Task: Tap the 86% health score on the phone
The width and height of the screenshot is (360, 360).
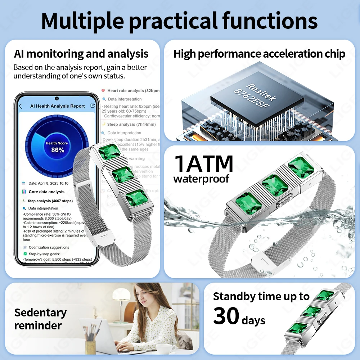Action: [57, 150]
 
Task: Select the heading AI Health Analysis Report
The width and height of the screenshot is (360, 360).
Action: [58, 106]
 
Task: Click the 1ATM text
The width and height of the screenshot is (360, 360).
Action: [204, 164]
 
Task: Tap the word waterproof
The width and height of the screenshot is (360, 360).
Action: [201, 179]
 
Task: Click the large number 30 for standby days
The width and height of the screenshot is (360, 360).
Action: [226, 316]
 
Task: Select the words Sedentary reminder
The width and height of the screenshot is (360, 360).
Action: [40, 319]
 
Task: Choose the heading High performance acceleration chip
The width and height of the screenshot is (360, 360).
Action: [259, 54]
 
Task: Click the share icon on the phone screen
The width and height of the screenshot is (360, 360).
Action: [93, 106]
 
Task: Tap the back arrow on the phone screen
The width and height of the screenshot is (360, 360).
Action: [21, 106]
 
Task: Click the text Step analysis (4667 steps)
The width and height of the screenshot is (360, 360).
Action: [50, 201]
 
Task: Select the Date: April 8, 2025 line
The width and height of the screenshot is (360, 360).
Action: [49, 183]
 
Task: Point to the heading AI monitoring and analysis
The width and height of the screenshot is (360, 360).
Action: [81, 54]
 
